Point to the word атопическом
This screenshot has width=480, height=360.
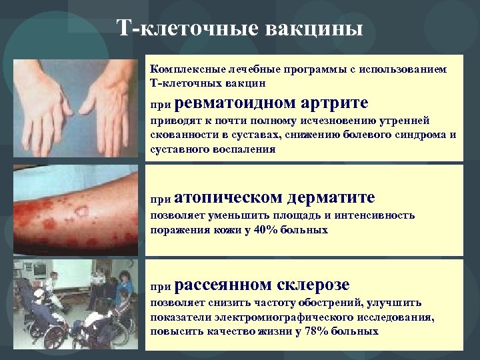tap(231, 198)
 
